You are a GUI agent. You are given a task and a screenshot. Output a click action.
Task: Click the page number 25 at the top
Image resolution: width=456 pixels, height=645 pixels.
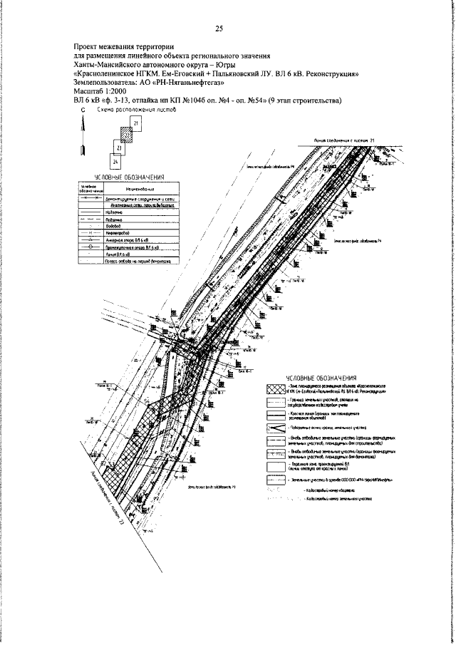[x=219, y=29]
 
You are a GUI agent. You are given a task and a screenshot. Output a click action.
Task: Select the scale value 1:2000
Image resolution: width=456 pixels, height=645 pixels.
[x=116, y=91]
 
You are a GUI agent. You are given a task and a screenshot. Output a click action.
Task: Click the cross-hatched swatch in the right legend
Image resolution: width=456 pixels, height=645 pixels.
[x=275, y=389]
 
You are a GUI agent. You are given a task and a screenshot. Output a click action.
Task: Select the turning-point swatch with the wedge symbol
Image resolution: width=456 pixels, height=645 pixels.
[x=275, y=427]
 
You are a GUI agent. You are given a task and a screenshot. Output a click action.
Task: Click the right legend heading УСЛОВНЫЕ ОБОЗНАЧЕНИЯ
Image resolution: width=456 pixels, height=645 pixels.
[x=321, y=378]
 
